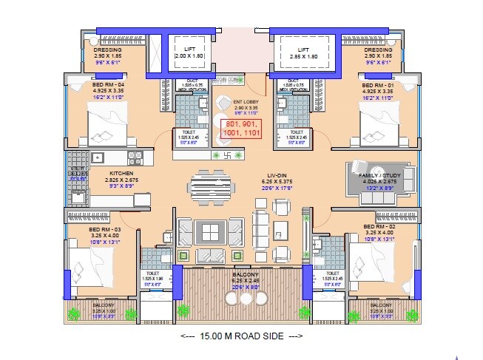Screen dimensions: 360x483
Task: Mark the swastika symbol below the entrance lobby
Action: coord(231,157)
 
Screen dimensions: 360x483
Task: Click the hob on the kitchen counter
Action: coord(135,156)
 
